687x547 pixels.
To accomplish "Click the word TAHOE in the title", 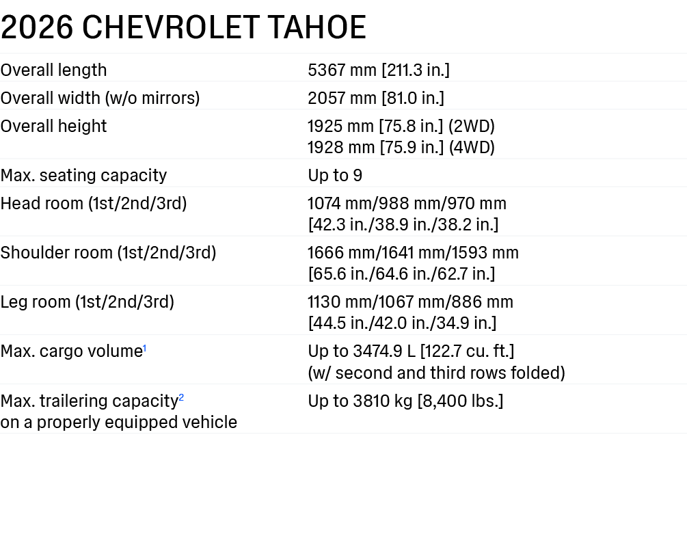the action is click(316, 27).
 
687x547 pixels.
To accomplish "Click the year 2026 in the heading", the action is click(37, 27).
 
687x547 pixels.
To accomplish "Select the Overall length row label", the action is click(53, 70).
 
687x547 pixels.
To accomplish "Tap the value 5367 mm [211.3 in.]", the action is click(379, 70).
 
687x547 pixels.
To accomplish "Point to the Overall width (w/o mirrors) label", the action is click(100, 98).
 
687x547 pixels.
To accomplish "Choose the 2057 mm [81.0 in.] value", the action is click(376, 98).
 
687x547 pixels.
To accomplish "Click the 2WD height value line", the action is click(401, 126).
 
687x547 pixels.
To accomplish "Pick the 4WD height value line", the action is click(401, 147).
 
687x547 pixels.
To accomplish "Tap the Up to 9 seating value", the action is click(335, 175).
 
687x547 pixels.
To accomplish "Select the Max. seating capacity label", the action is click(83, 175).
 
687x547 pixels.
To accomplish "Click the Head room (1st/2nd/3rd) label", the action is click(94, 203).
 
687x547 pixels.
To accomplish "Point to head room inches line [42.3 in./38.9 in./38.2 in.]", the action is click(403, 224).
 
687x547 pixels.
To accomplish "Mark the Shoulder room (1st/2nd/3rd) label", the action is click(108, 252).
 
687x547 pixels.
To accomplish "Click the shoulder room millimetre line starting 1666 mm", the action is click(413, 252).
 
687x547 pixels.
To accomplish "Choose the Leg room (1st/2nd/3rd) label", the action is click(87, 302).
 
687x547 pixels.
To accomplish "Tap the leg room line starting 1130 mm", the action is click(410, 302).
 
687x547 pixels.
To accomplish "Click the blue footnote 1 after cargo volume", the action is click(145, 348).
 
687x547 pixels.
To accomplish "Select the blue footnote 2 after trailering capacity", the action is click(181, 398).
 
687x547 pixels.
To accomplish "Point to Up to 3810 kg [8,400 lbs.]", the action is click(406, 401).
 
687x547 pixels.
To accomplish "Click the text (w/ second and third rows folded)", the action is click(436, 373).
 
